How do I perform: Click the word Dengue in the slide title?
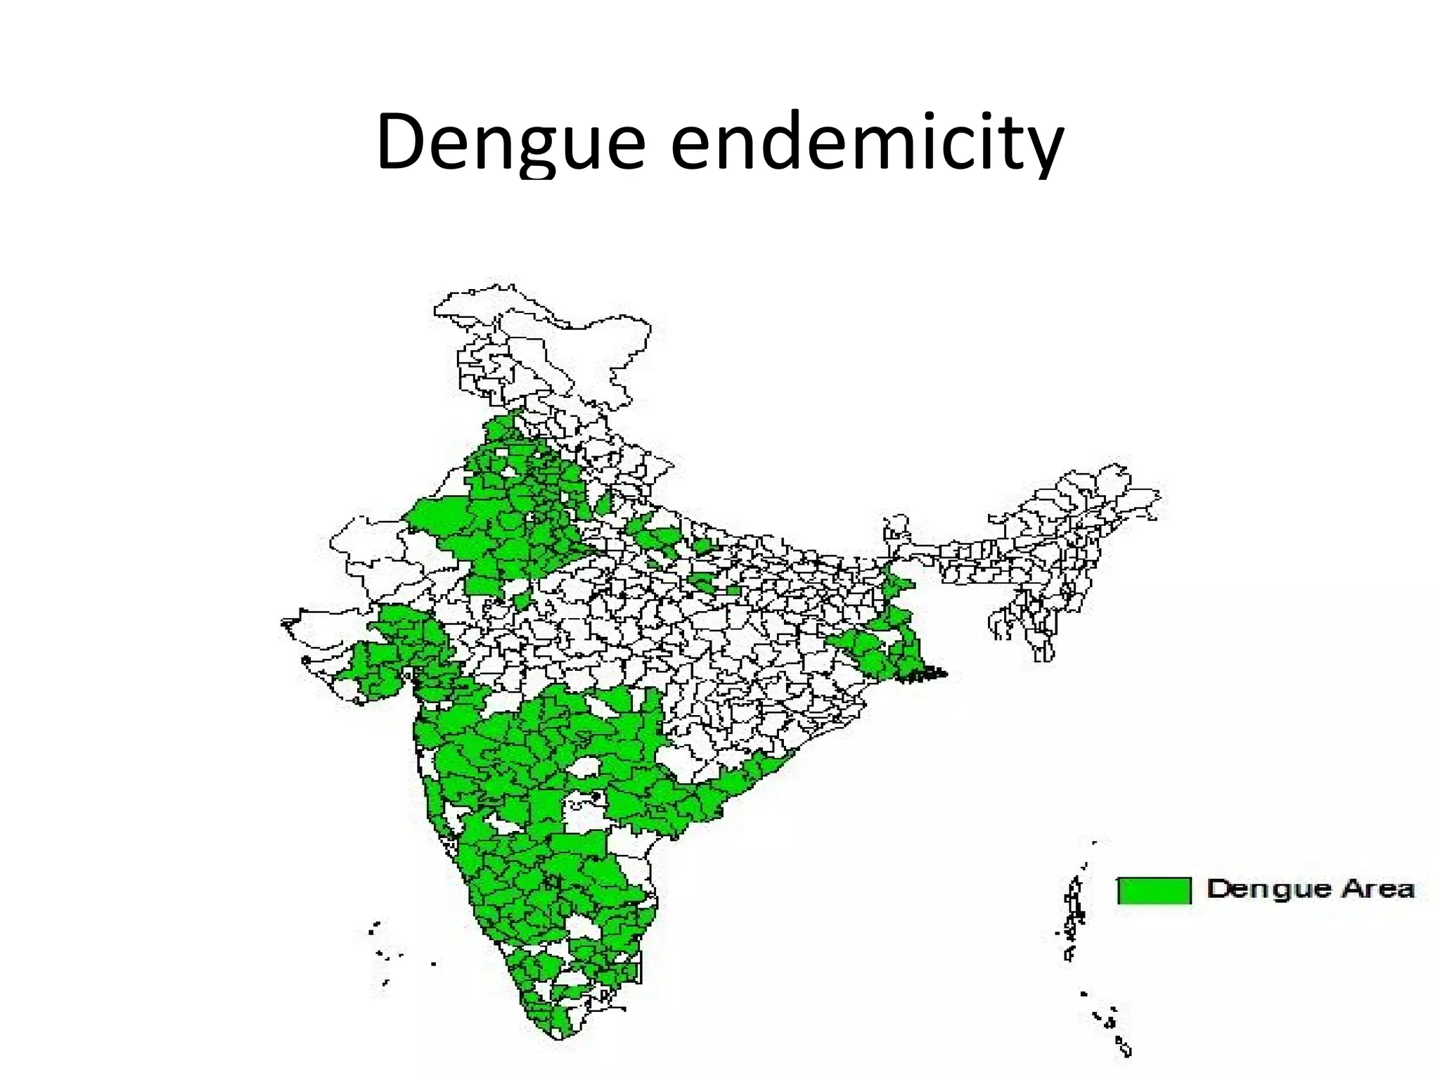510,143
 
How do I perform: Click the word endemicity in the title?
867,143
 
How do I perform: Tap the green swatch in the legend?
1154,890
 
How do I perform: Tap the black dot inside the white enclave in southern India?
596,796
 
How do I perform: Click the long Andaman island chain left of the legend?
1074,914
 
